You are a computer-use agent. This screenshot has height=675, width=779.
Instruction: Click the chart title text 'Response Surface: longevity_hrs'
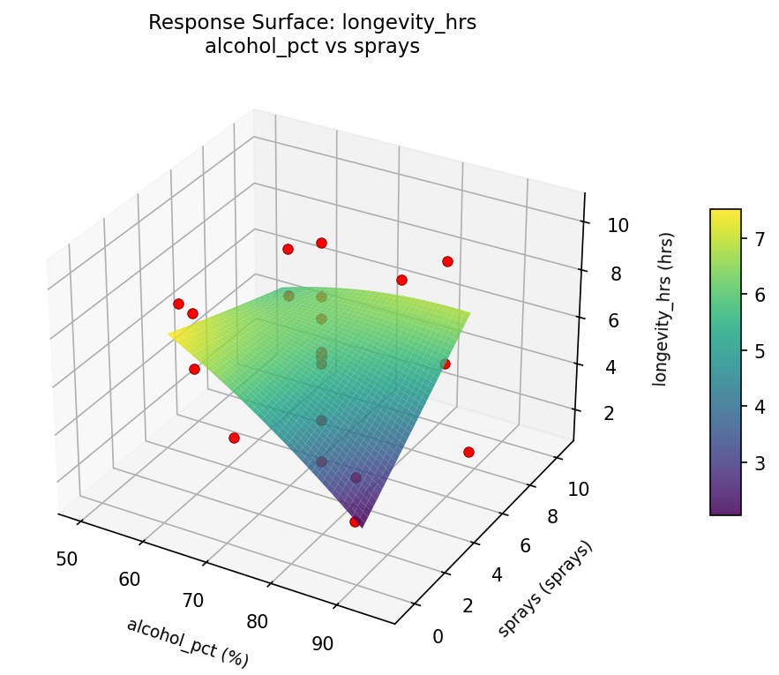click(x=312, y=23)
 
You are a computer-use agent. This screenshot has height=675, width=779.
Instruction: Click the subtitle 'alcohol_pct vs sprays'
click(x=312, y=47)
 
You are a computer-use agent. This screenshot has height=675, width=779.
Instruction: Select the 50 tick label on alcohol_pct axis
click(x=66, y=559)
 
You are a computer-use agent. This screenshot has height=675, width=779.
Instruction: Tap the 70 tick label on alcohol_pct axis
click(x=193, y=601)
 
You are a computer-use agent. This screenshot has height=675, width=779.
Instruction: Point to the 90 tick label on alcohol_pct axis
click(x=323, y=643)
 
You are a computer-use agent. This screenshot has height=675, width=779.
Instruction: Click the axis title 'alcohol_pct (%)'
click(x=187, y=642)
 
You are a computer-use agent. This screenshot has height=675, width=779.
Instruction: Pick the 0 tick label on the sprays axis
click(x=438, y=637)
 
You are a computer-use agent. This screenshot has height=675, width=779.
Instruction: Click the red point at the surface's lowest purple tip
click(x=355, y=521)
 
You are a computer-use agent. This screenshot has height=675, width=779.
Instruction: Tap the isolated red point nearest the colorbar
click(x=468, y=452)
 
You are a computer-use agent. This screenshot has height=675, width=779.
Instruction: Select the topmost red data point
click(x=321, y=243)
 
